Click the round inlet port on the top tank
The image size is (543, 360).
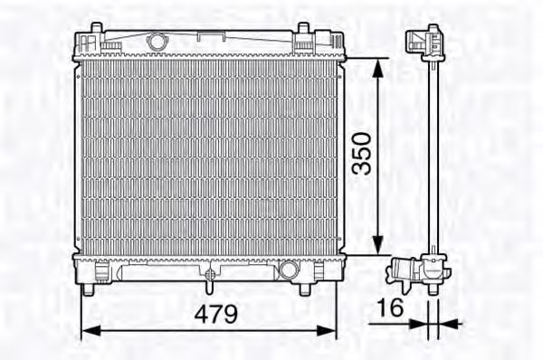click(x=158, y=42)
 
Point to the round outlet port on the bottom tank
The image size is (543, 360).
click(x=289, y=269)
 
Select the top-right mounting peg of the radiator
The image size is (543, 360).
click(x=301, y=37)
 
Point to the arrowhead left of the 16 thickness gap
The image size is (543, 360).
click(x=418, y=323)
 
